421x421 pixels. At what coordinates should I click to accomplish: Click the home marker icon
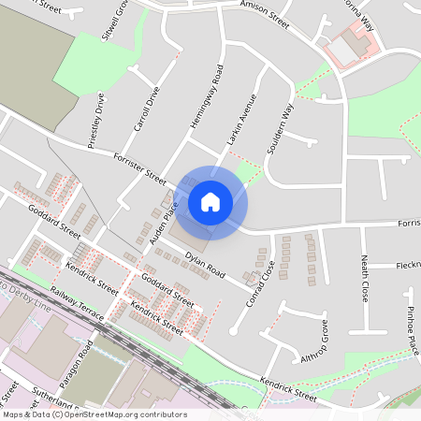(210, 202)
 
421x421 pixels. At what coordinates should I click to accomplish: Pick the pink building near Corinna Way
(355, 42)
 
